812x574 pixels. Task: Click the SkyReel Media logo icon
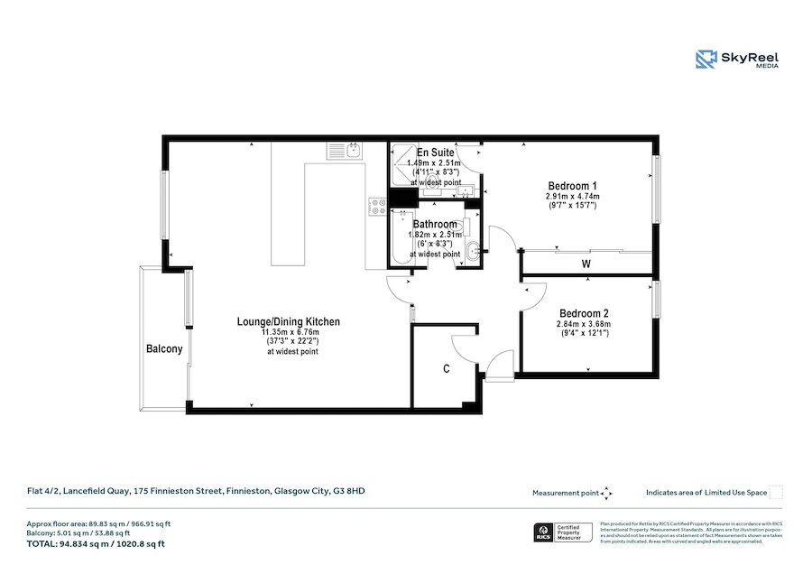(x=706, y=60)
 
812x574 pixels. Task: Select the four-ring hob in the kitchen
(x=377, y=207)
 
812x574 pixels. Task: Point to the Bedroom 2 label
(x=584, y=313)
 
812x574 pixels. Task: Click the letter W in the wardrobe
(x=586, y=264)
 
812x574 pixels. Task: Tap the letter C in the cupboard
(x=446, y=369)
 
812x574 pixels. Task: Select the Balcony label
(x=164, y=349)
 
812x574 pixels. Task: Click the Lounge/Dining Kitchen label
(x=288, y=321)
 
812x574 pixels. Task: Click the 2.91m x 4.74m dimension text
(x=572, y=196)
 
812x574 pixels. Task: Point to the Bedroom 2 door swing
(x=534, y=296)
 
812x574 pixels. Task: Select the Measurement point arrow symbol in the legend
(x=607, y=493)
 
